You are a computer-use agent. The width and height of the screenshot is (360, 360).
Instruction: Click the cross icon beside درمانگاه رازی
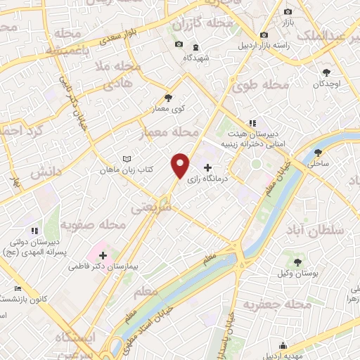tap(207, 167)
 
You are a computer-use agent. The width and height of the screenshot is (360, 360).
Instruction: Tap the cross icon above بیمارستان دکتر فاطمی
tap(104, 255)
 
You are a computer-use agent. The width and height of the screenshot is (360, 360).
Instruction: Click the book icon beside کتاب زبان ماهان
tap(127, 159)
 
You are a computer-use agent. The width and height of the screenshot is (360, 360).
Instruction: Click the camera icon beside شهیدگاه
tap(179, 45)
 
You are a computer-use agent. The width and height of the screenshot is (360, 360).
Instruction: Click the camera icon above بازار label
tap(288, 12)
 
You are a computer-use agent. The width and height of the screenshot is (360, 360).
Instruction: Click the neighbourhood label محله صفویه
tap(92, 226)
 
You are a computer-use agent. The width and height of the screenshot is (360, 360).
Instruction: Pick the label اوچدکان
tap(327, 83)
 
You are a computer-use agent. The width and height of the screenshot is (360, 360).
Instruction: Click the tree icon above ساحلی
tap(319, 152)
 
